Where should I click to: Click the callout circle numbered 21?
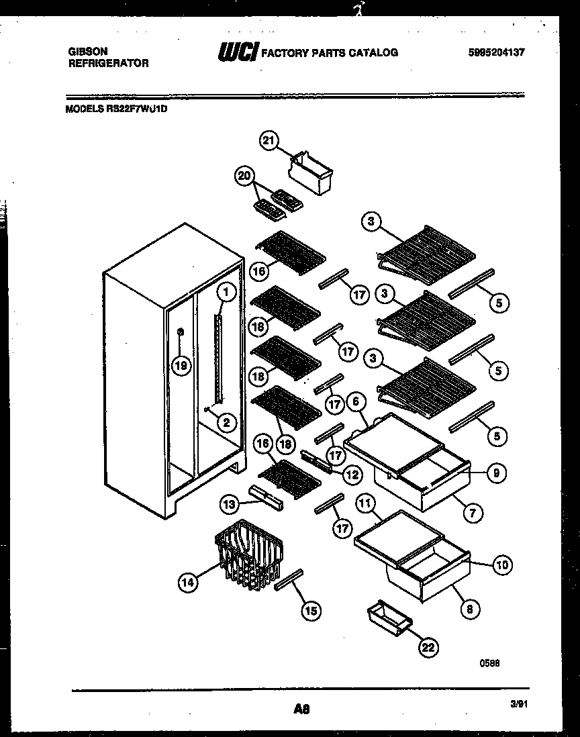[x=269, y=140]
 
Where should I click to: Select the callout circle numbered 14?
[x=189, y=583]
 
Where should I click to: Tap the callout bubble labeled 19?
[x=180, y=366]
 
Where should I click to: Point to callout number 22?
[x=428, y=647]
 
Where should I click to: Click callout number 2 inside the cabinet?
[x=226, y=422]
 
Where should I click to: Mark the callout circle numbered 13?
[x=230, y=503]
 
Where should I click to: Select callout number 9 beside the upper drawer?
[x=495, y=473]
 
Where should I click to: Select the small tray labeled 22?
[x=389, y=616]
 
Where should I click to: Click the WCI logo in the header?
[x=238, y=52]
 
